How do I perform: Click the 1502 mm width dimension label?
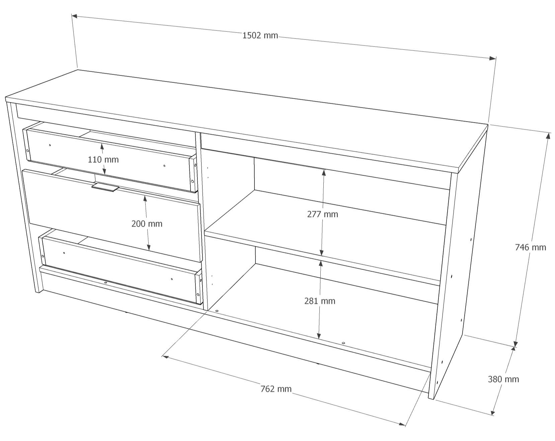pyautogui.click(x=260, y=35)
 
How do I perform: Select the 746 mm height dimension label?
pyautogui.click(x=530, y=247)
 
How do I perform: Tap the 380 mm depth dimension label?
pyautogui.click(x=503, y=379)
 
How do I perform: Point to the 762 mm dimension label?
pyautogui.click(x=276, y=389)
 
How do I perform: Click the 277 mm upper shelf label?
pyautogui.click(x=323, y=214)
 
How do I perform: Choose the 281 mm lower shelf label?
pyautogui.click(x=320, y=301)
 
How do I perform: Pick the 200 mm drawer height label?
pyautogui.click(x=147, y=224)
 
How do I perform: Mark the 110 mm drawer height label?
pyautogui.click(x=103, y=159)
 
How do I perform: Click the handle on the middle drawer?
pyautogui.click(x=105, y=187)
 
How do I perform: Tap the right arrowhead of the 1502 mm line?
pyautogui.click(x=493, y=58)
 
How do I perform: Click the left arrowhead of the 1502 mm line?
pyautogui.click(x=75, y=16)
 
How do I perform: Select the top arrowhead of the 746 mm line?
pyautogui.click(x=548, y=136)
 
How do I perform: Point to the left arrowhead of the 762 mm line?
pyautogui.click(x=165, y=357)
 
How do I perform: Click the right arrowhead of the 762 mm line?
pyautogui.click(x=402, y=424)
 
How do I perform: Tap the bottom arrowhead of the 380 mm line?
pyautogui.click(x=493, y=412)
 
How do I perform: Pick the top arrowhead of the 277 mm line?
pyautogui.click(x=324, y=173)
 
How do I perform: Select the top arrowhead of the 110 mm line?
pyautogui.click(x=102, y=146)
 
